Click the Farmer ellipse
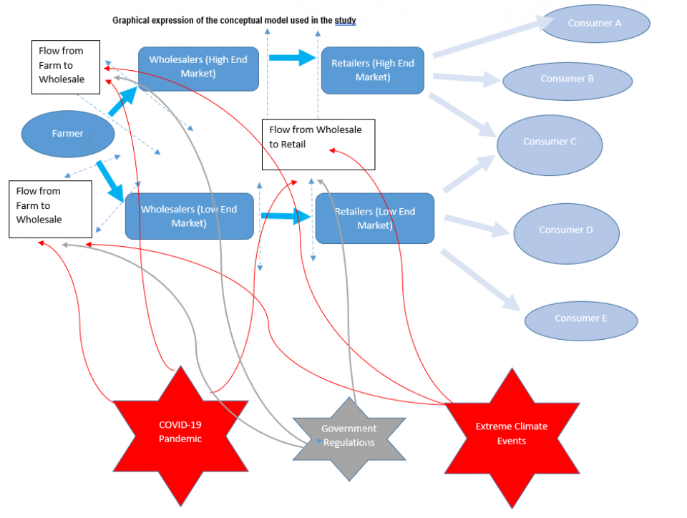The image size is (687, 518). click(x=68, y=134)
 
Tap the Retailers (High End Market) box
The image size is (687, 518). click(x=372, y=70)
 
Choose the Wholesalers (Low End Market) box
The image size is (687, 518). click(x=190, y=216)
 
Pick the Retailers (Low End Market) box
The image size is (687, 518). click(x=374, y=218)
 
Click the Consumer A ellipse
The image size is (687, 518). click(x=595, y=23)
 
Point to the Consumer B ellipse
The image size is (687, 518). click(x=567, y=79)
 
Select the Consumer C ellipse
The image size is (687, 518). click(x=550, y=142)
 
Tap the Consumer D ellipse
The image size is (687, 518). click(x=566, y=230)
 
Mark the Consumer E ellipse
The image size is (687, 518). click(x=580, y=318)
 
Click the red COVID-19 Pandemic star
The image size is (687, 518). click(x=180, y=431)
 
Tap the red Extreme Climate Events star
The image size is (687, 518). click(x=512, y=434)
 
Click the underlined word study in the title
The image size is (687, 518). click(x=345, y=21)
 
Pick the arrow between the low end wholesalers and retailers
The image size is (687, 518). click(x=286, y=216)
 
